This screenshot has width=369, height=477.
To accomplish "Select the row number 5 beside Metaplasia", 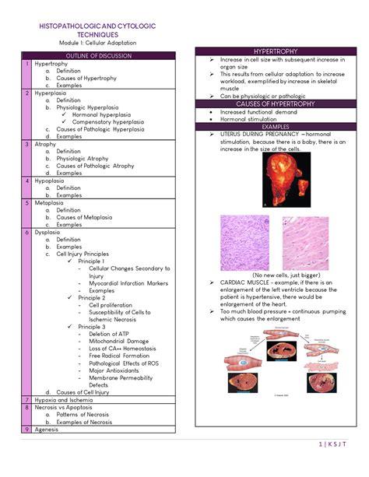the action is pyautogui.click(x=27, y=202).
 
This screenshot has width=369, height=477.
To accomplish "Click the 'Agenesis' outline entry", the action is pyautogui.click(x=47, y=429).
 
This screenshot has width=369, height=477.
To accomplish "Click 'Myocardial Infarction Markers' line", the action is pyautogui.click(x=127, y=283).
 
